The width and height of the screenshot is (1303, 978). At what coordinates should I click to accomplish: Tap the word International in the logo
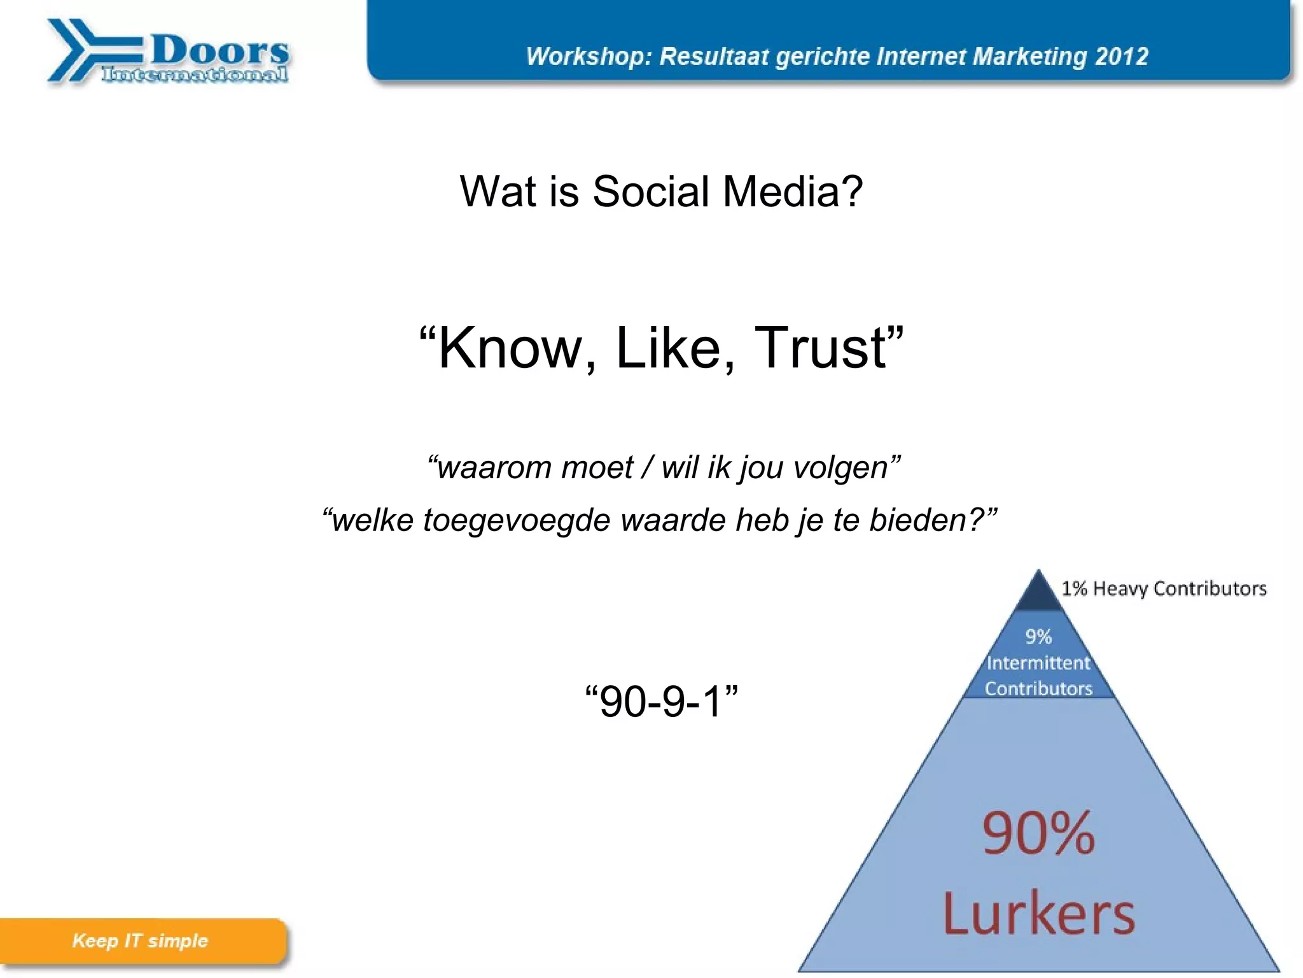point(195,74)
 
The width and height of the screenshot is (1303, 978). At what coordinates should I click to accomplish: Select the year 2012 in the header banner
point(1122,57)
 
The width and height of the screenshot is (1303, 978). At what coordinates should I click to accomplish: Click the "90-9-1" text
point(661,702)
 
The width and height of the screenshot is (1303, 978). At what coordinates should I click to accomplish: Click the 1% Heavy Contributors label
point(1164,588)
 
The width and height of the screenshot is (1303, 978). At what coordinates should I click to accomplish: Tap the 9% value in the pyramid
point(1038,636)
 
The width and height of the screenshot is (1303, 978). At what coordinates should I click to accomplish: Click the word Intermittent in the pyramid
point(1038,663)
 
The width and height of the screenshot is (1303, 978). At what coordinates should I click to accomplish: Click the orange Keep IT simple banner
point(141,941)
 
